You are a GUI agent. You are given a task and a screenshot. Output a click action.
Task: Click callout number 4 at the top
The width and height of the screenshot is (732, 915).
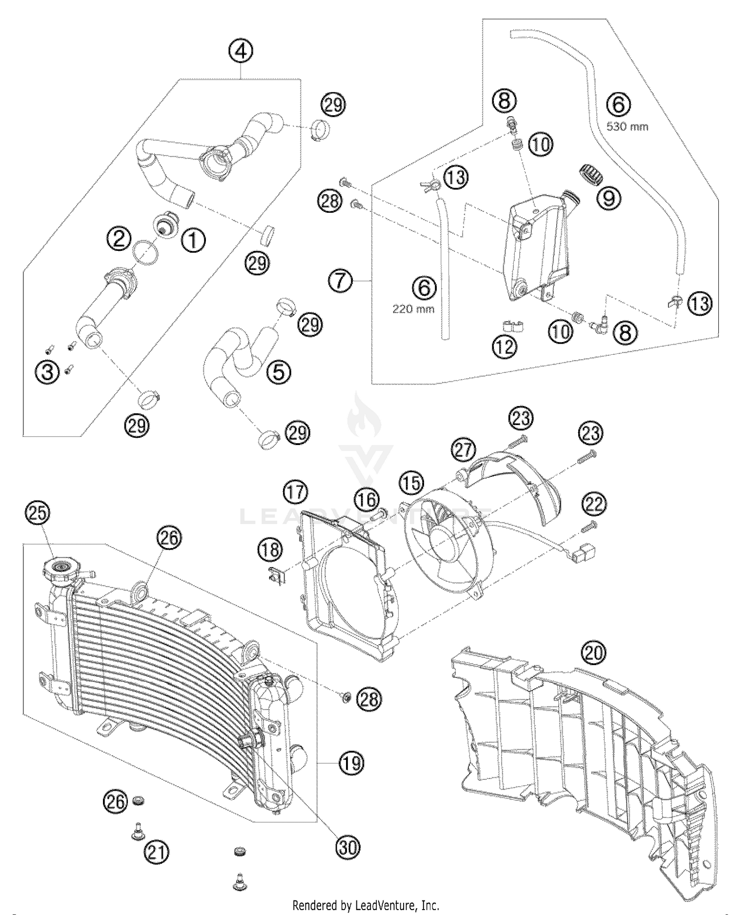click(243, 51)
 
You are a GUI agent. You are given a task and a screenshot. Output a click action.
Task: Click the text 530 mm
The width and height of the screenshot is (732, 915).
click(627, 126)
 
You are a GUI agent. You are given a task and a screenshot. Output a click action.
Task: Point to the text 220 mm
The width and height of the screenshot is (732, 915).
click(413, 309)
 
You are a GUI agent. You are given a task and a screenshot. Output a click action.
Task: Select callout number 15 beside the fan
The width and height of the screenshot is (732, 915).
click(411, 483)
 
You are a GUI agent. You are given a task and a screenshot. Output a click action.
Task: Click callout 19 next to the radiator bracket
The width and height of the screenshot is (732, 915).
click(351, 762)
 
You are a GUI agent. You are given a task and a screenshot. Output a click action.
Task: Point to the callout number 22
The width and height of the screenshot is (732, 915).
click(594, 504)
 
